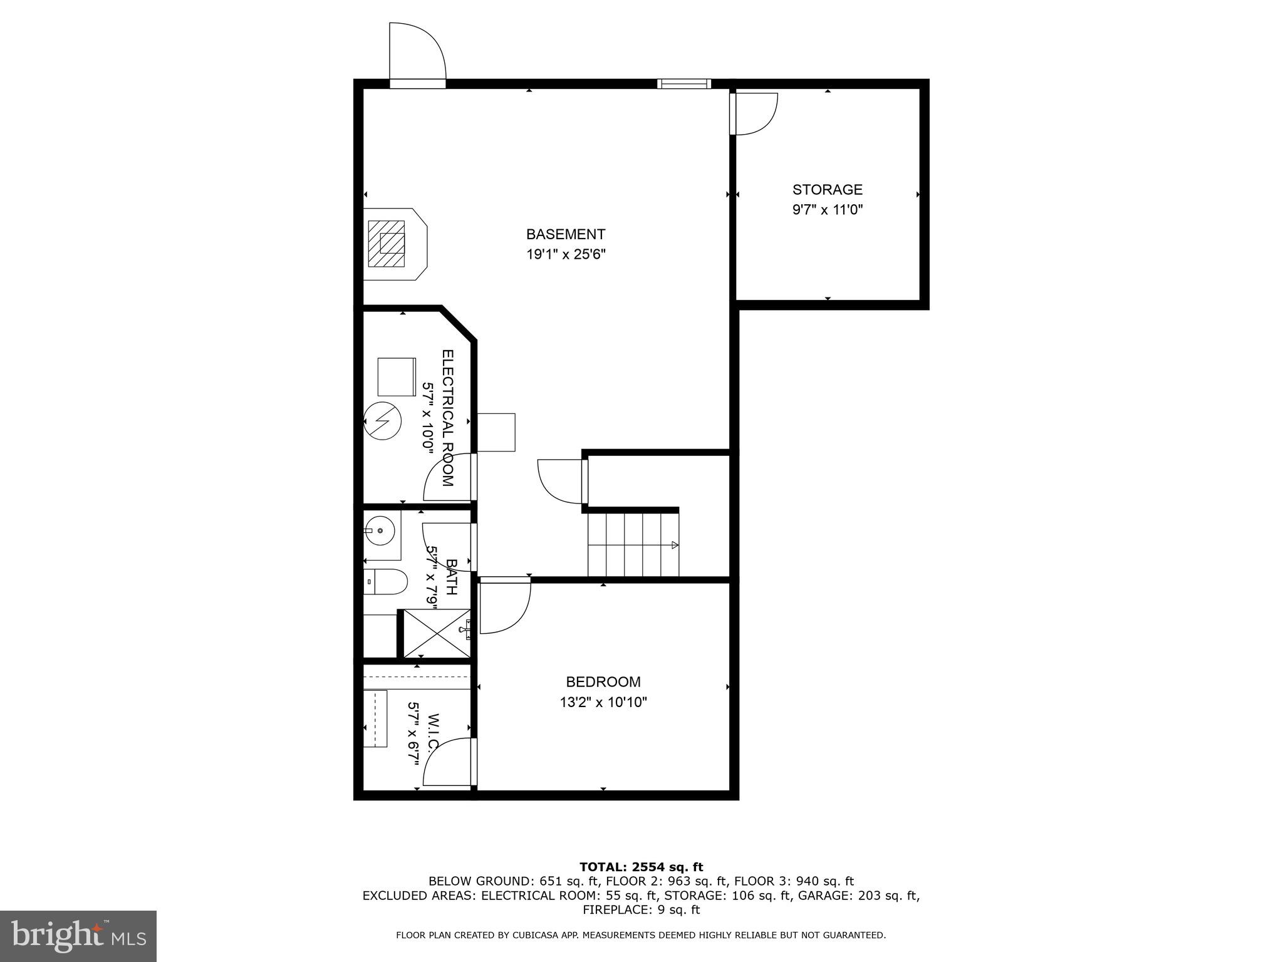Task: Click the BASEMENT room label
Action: (565, 234)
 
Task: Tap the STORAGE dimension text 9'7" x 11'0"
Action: (827, 210)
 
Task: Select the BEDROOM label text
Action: (603, 682)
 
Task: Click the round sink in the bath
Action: (380, 530)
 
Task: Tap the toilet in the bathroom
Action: (385, 582)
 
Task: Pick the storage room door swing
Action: (756, 113)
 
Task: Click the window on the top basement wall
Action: (683, 83)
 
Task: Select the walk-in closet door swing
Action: (447, 762)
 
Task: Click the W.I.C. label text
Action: (432, 733)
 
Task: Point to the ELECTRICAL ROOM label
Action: (447, 418)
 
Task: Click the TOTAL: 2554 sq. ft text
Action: (641, 867)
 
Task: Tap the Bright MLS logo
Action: (78, 936)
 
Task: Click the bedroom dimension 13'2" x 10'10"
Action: (603, 702)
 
